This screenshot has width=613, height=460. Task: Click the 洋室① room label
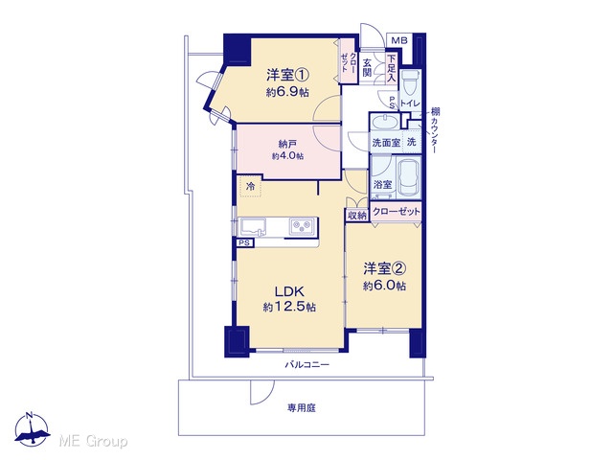pyautogui.click(x=288, y=75)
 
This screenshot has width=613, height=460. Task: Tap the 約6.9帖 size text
pyautogui.click(x=287, y=92)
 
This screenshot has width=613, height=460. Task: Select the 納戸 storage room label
pyautogui.click(x=287, y=144)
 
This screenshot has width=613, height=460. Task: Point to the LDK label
pyautogui.click(x=289, y=291)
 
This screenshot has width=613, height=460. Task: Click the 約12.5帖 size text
pyautogui.click(x=289, y=307)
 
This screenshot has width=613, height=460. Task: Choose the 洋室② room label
pyautogui.click(x=385, y=268)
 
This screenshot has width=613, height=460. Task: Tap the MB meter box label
pyautogui.click(x=399, y=40)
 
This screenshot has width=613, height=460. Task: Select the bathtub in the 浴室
pyautogui.click(x=409, y=178)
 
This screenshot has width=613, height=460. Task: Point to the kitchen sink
pyautogui.click(x=253, y=226)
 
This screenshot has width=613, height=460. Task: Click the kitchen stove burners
pyautogui.click(x=302, y=226)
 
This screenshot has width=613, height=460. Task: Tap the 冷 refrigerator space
pyautogui.click(x=250, y=186)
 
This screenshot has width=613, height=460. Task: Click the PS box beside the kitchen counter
pyautogui.click(x=245, y=242)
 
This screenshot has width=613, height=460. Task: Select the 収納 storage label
pyautogui.click(x=357, y=215)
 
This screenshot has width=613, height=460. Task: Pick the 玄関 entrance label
pyautogui.click(x=367, y=67)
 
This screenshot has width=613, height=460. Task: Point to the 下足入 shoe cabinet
pyautogui.click(x=392, y=68)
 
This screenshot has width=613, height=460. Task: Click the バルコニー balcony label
pyautogui.click(x=306, y=365)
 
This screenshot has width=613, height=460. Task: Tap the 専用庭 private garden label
pyautogui.click(x=302, y=408)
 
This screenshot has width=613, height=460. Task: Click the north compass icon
pyautogui.click(x=32, y=429)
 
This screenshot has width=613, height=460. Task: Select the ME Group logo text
pyautogui.click(x=93, y=441)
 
